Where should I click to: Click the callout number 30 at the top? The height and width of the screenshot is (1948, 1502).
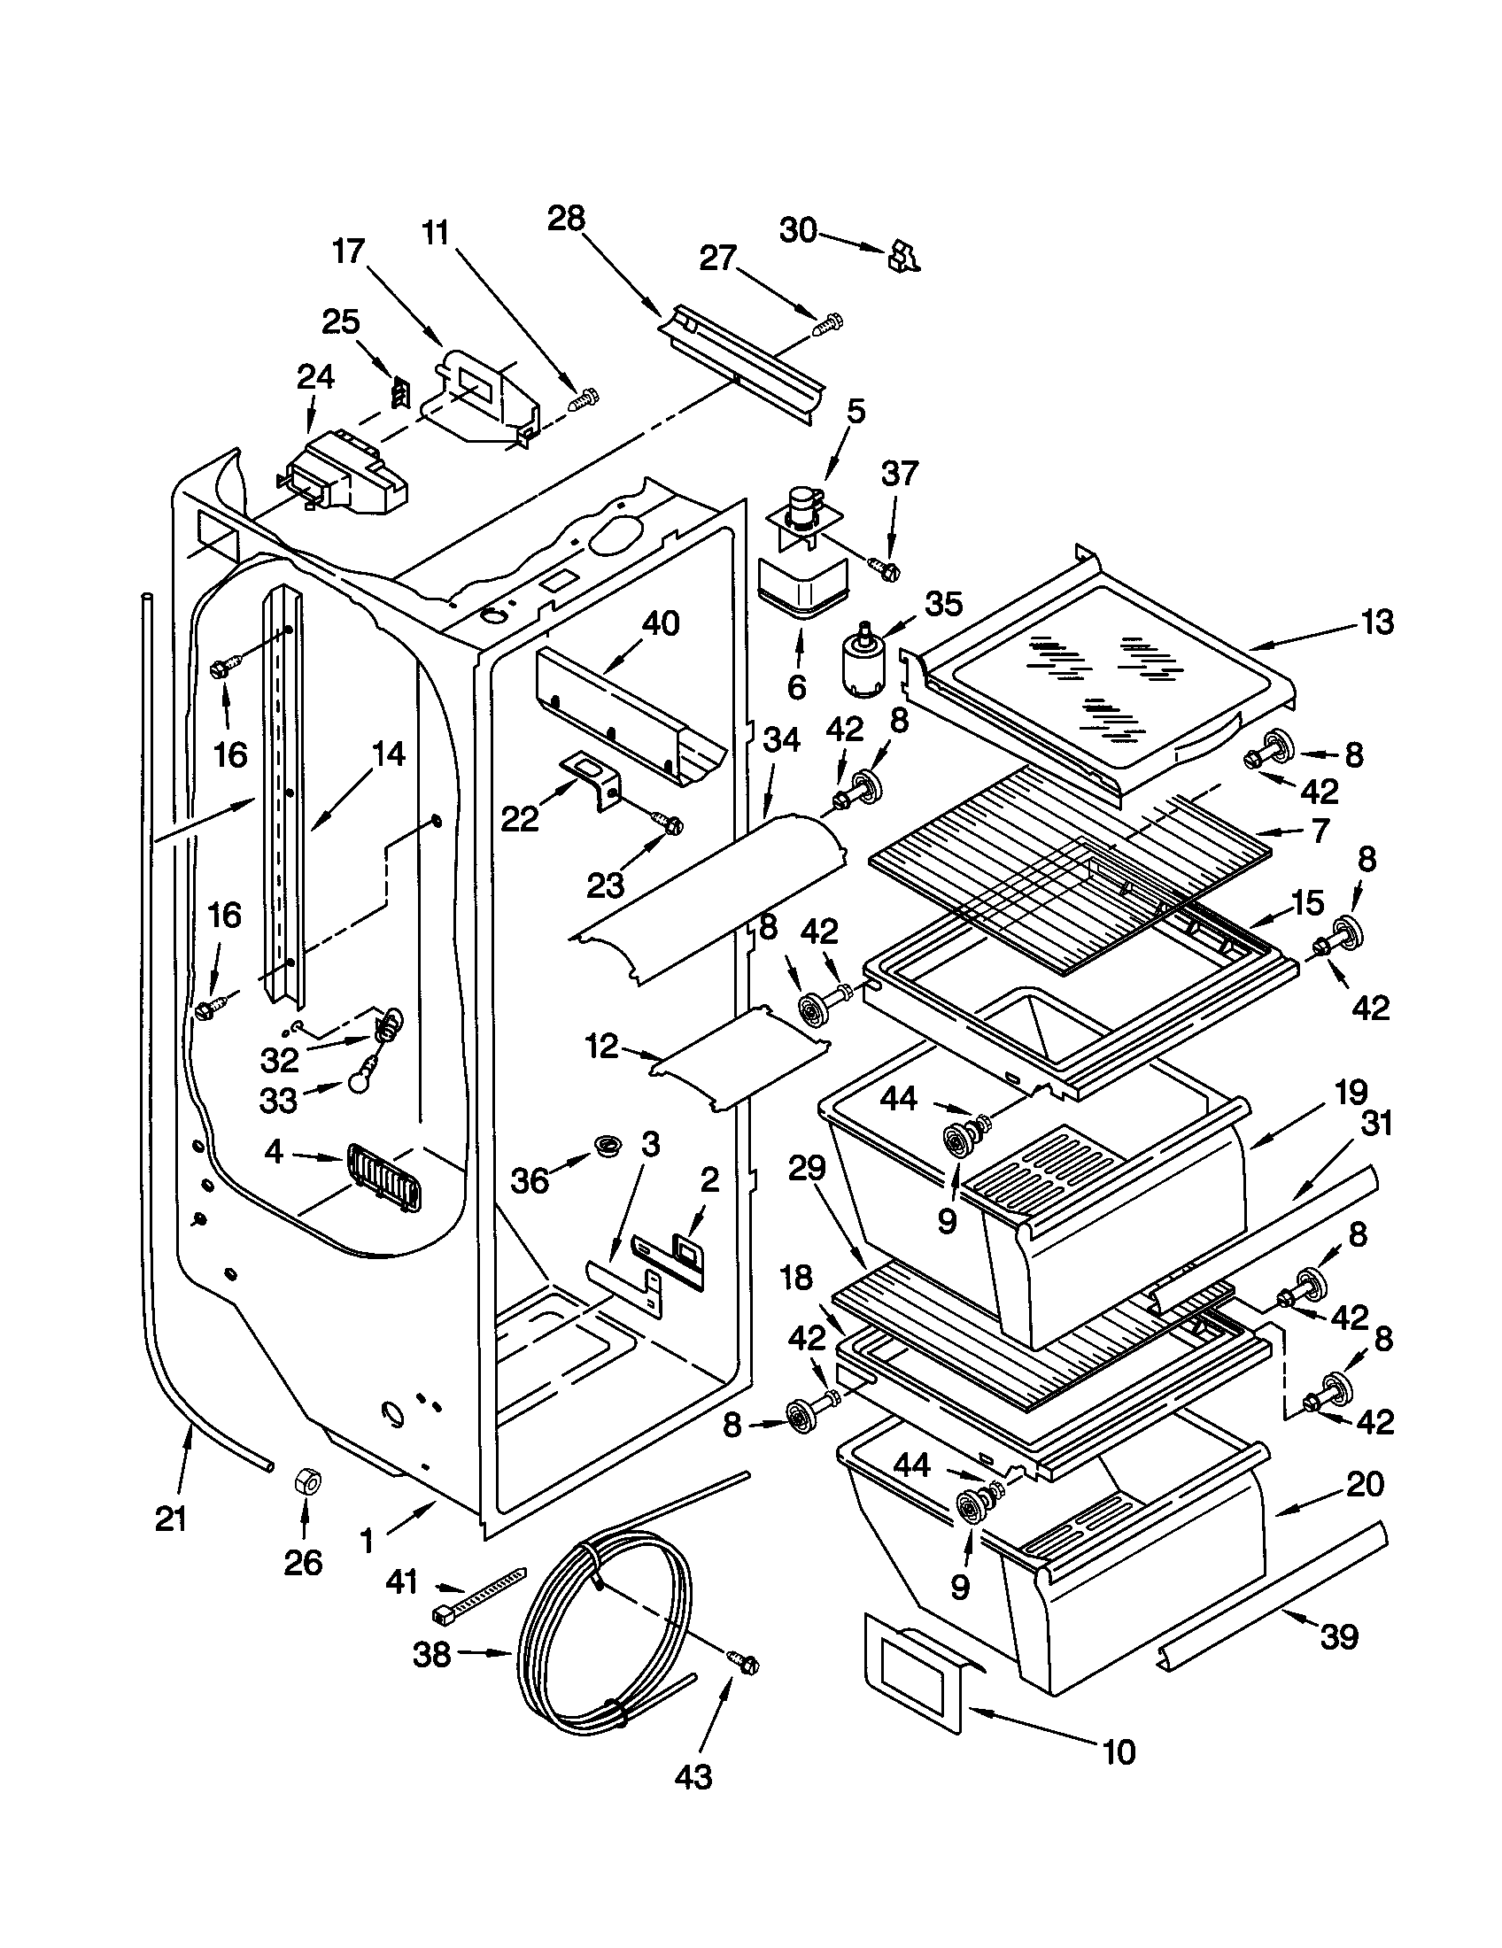click(798, 230)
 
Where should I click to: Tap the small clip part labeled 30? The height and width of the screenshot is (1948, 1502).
click(903, 256)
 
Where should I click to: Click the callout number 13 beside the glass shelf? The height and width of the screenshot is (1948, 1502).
click(1376, 622)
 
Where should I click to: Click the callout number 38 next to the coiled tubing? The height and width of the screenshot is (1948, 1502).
click(431, 1655)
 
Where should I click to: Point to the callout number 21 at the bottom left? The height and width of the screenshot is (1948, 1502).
click(170, 1518)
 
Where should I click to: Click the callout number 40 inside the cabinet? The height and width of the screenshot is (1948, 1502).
click(660, 622)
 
